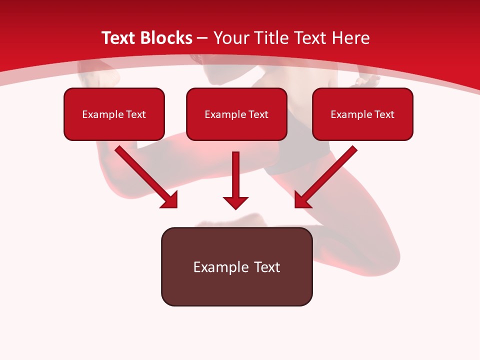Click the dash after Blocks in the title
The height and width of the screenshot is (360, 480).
(202, 38)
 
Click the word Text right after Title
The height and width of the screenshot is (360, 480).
(310, 38)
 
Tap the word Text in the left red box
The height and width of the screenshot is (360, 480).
(136, 114)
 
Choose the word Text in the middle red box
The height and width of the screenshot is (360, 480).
(258, 114)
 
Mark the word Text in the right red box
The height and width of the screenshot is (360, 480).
(384, 114)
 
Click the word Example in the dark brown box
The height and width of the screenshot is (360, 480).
(220, 267)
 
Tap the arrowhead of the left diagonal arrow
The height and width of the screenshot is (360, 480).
(170, 200)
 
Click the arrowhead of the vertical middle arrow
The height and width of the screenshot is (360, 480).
(235, 202)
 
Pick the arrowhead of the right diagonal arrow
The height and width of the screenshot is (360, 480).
(302, 200)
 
